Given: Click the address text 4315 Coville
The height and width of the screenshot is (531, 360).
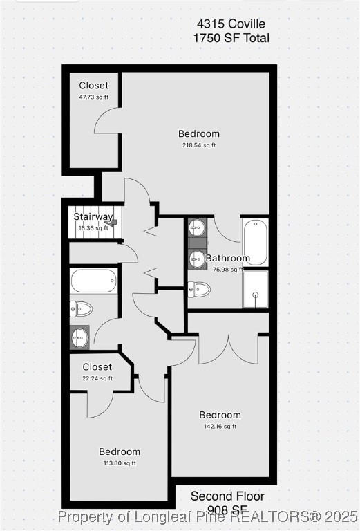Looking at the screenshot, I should pos(231,24).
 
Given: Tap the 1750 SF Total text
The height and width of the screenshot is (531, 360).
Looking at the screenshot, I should pos(231,38).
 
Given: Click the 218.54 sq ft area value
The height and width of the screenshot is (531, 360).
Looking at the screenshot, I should pos(199,145).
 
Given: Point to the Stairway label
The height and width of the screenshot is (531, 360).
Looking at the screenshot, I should pos(93,216).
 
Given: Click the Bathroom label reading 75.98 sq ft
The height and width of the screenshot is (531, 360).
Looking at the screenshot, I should pos(227,259).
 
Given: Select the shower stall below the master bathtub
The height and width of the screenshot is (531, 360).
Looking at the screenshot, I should pos(254,289).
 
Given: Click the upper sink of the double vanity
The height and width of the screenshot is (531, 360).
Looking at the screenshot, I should pos(197,227).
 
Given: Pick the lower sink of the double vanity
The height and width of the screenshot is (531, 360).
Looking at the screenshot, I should pos(197,259).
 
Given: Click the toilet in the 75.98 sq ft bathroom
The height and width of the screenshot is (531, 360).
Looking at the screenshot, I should pos(199,289).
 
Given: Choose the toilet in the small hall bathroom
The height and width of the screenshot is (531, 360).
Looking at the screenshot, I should pos(80,308).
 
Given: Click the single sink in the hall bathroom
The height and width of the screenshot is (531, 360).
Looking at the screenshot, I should pos(79,338).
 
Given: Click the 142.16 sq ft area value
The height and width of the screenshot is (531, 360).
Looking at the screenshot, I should pos(220,427).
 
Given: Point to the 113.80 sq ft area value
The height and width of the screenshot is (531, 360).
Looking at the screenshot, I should pos(119,463).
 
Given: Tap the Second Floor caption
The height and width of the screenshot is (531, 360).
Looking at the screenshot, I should pos(227,496).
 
